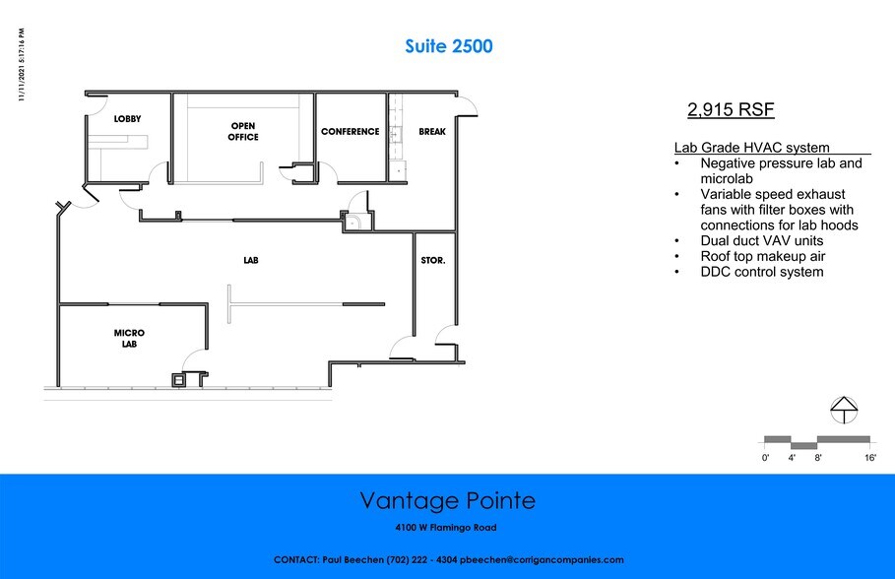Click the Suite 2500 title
pos(449,46)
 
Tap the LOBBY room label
pos(127,119)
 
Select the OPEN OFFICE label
pos(243,131)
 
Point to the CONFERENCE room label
pos(350,131)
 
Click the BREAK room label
pos(432,131)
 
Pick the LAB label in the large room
pos(251,260)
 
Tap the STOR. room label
pos(433,260)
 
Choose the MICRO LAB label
pos(129,338)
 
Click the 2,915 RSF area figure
pos(731,109)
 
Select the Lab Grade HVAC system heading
pos(751,148)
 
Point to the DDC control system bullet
pos(762,272)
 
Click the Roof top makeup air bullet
pos(763,256)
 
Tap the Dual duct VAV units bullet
pos(762,240)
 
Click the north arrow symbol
pos(844,410)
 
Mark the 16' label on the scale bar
pos(869,457)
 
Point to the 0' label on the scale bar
pos(765,457)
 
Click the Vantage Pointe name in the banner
pos(448,501)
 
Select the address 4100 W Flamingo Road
pos(446,528)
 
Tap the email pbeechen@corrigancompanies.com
pos(542,559)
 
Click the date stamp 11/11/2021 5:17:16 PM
pos(22,65)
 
